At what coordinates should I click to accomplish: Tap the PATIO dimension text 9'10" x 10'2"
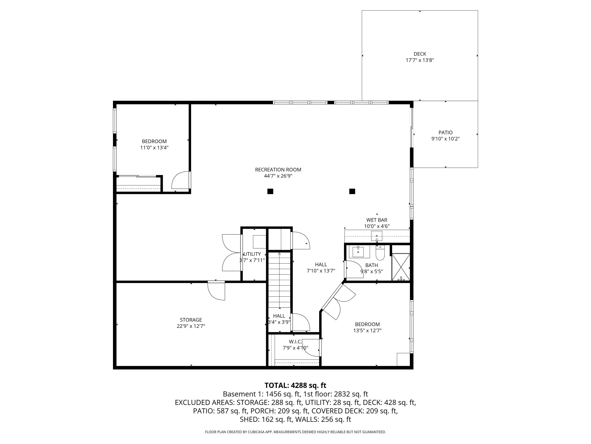[445, 139]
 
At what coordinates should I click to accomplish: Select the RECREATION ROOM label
[278, 170]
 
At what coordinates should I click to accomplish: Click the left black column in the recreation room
[270, 191]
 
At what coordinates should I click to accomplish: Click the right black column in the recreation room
[352, 191]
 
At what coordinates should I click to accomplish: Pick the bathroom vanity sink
[358, 252]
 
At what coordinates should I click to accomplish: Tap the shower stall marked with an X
[401, 267]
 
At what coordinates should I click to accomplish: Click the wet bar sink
[377, 236]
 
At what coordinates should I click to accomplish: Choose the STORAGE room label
[191, 320]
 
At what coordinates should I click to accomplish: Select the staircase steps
[279, 280]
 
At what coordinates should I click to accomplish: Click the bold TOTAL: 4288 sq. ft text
[295, 385]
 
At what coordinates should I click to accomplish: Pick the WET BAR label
[377, 220]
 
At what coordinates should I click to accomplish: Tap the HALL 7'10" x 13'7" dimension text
[321, 271]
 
